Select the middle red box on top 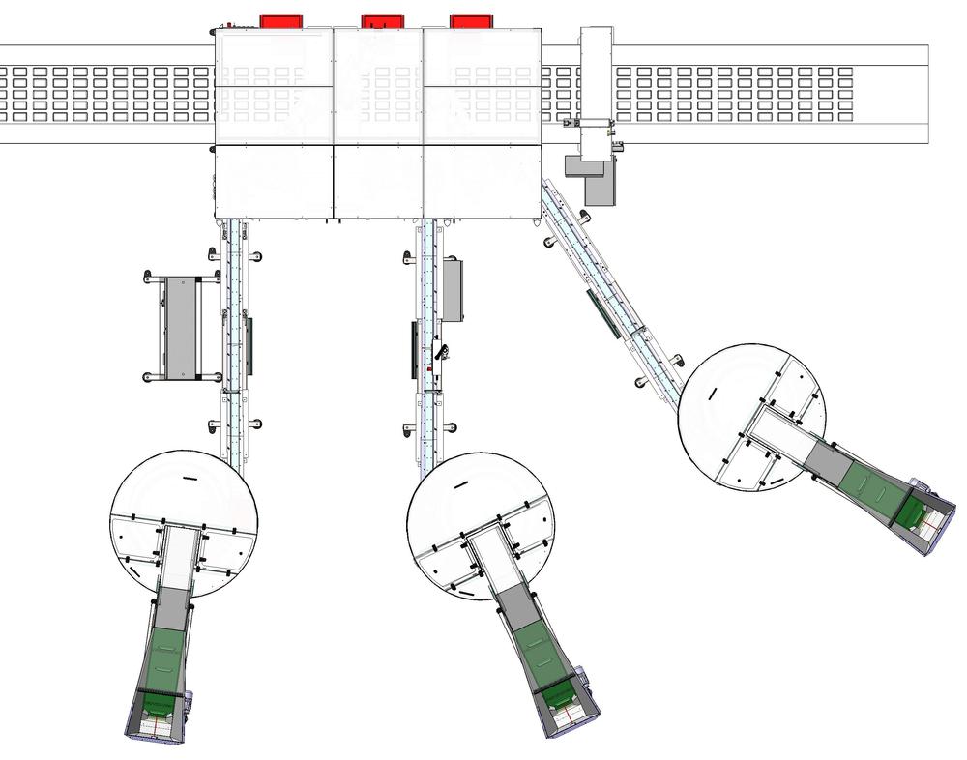point(382,20)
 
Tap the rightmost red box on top point(472,20)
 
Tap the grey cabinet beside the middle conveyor point(452,291)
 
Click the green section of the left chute point(164,658)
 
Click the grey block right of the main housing point(600,184)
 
